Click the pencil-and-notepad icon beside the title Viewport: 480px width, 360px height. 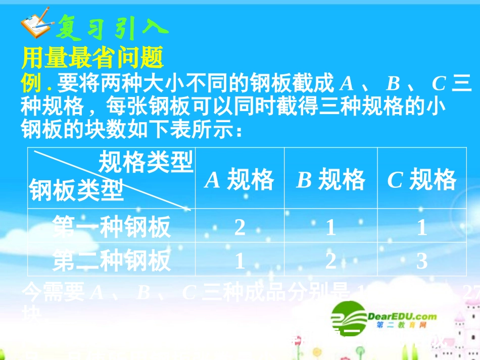pos(35,22)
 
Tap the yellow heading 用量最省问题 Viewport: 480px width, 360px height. pos(92,58)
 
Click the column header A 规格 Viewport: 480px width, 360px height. pos(239,180)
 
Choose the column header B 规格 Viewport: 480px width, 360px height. pos(330,180)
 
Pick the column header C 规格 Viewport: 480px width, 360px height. pos(421,180)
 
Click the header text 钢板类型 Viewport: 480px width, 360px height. pos(76,191)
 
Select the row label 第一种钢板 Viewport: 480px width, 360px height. pos(112,227)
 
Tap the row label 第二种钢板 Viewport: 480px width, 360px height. pos(112,261)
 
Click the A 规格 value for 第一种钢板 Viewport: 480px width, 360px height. pos(239,228)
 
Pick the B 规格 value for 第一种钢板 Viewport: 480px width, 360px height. pos(330,228)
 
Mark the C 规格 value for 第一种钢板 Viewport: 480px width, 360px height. pos(421,228)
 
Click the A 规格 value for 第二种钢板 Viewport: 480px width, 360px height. pos(239,261)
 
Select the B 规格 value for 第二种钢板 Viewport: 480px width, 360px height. pos(330,261)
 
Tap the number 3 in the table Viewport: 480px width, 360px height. pos(421,261)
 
